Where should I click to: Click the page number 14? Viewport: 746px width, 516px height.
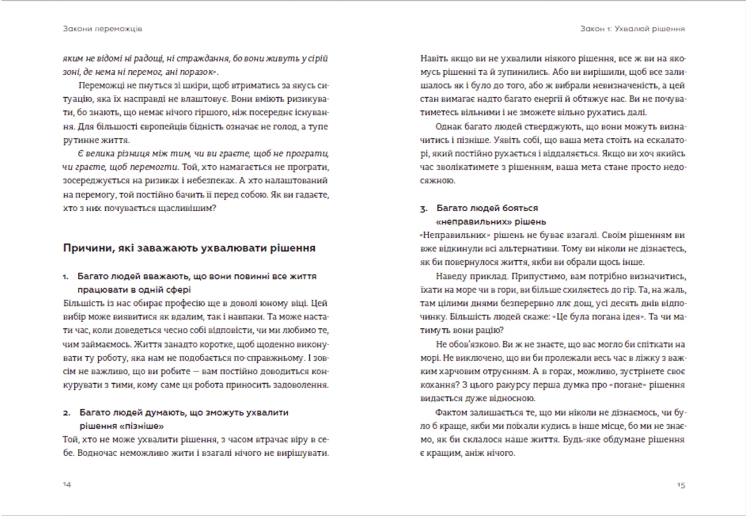click(67, 484)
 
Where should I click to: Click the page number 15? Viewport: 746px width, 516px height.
click(681, 485)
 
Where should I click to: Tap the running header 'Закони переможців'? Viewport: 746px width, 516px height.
click(103, 29)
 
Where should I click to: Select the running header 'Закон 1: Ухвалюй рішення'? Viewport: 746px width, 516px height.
click(633, 29)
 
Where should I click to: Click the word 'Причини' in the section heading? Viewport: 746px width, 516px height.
click(86, 248)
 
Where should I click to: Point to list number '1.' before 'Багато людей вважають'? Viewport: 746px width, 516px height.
click(66, 277)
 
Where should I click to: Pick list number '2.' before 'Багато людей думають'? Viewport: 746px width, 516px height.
click(66, 413)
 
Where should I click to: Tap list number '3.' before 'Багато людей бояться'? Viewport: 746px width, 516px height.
click(424, 209)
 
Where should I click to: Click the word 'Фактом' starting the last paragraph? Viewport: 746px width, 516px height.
click(451, 412)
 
